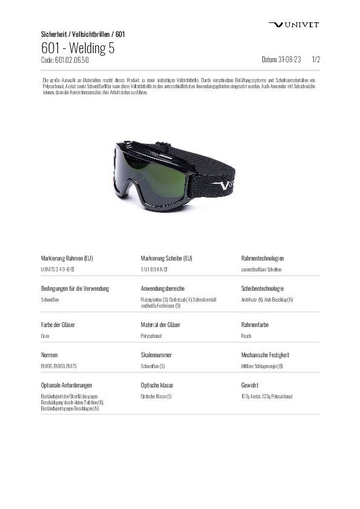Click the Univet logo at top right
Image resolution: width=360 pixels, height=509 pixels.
click(x=293, y=24)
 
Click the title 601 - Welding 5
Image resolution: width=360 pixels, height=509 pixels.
click(x=78, y=48)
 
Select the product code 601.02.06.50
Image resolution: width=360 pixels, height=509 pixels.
click(x=65, y=60)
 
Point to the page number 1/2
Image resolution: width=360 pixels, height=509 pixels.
click(x=316, y=60)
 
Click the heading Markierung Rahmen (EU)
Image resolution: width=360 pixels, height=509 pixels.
click(x=67, y=258)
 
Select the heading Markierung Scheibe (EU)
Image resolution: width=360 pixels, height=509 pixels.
click(x=166, y=258)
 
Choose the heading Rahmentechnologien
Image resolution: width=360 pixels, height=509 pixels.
click(x=263, y=258)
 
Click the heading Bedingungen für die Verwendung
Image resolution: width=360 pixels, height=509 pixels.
click(x=75, y=288)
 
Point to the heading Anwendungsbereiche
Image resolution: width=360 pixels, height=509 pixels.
click(x=162, y=288)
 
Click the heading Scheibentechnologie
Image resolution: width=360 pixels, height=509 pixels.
click(x=263, y=288)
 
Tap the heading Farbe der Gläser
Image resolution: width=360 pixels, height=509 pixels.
click(x=58, y=325)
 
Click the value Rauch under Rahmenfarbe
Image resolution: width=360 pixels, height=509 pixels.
click(x=246, y=336)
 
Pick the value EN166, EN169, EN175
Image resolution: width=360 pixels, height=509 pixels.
click(x=59, y=366)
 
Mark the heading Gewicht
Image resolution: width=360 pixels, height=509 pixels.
click(x=250, y=385)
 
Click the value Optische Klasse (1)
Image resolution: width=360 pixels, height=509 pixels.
click(x=156, y=396)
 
